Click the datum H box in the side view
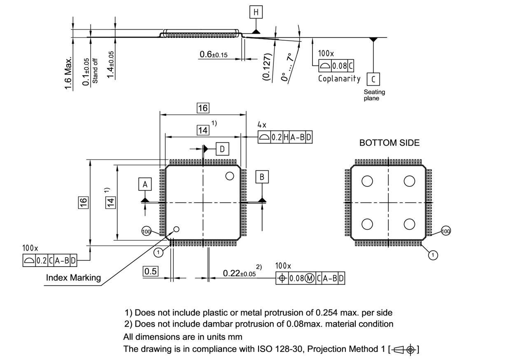(256, 13)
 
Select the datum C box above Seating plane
(373, 79)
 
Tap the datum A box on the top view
(145, 185)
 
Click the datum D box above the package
(222, 149)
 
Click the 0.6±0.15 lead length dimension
(213, 54)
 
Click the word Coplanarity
(339, 79)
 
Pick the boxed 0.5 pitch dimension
(150, 272)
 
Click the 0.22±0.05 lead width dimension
(239, 273)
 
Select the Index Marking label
(73, 278)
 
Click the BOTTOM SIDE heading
(389, 143)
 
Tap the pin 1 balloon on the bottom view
(433, 255)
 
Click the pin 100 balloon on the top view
(146, 232)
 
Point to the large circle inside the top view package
(230, 176)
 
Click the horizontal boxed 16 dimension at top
(203, 108)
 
